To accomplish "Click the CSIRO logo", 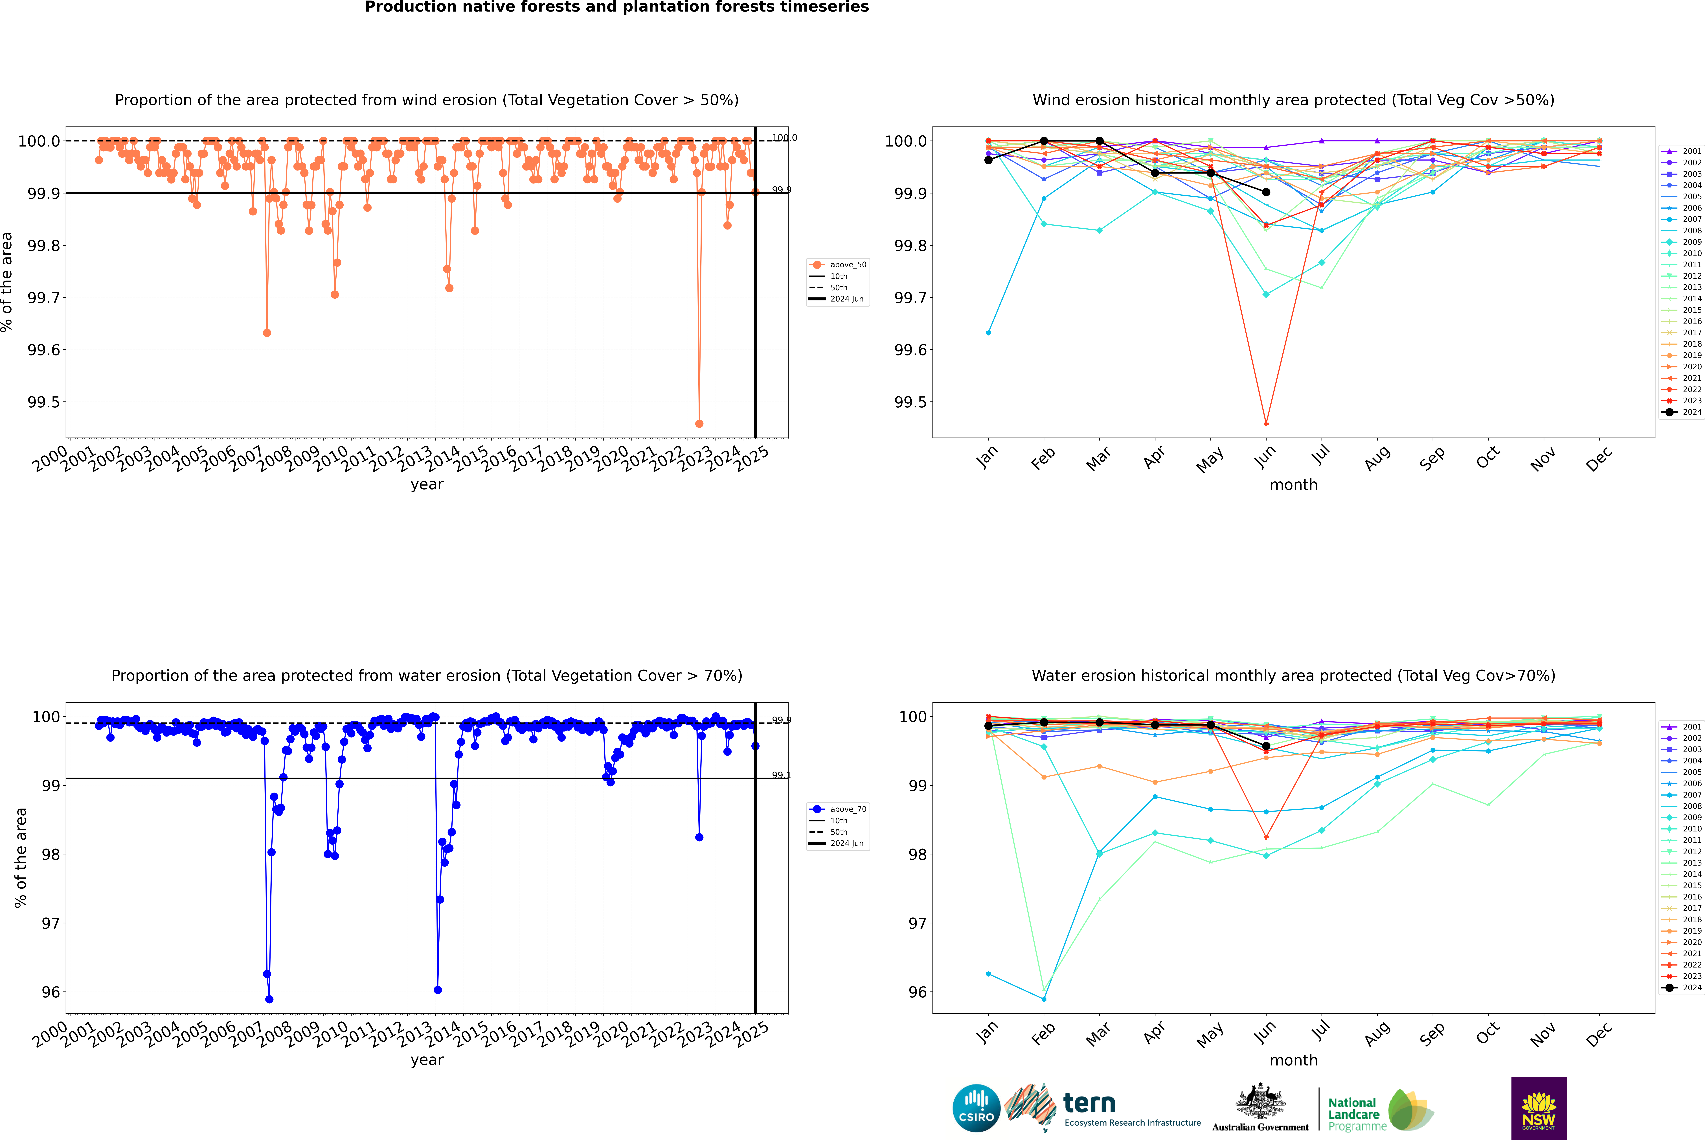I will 976,1108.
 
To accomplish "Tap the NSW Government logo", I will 1539,1108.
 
